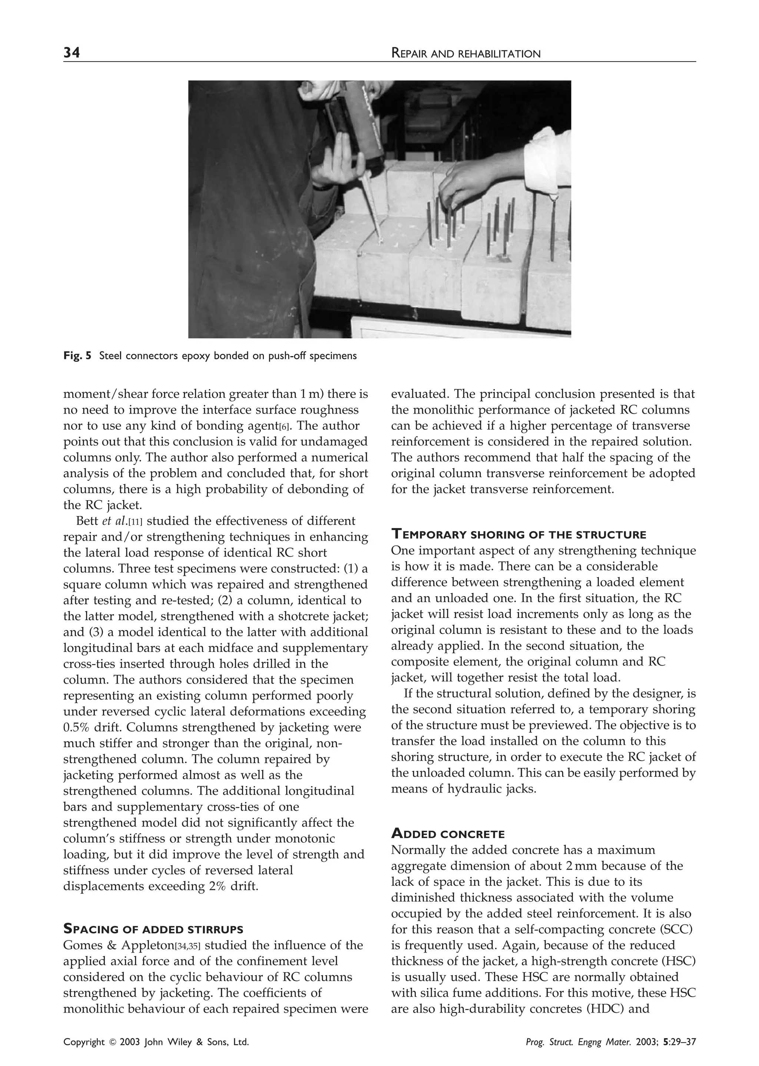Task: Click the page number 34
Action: (72, 53)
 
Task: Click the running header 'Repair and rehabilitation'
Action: (465, 54)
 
